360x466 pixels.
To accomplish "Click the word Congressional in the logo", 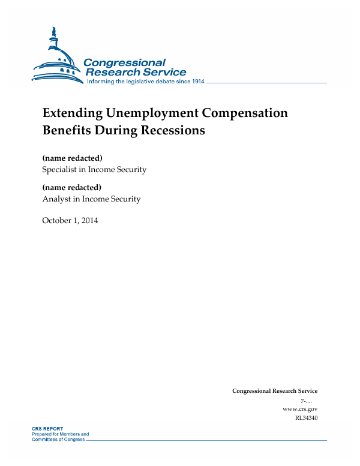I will (x=124, y=63).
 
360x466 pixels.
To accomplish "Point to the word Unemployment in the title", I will (x=152, y=113).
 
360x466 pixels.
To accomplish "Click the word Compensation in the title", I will (x=245, y=113).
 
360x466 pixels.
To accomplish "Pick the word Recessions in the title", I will (x=174, y=130).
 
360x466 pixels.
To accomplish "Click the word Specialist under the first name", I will (x=59, y=170).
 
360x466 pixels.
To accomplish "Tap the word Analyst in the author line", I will (x=56, y=199).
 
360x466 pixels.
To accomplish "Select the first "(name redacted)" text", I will (x=72, y=158).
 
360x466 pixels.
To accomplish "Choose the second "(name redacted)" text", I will (x=72, y=188).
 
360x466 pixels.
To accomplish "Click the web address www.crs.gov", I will (x=299, y=409).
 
